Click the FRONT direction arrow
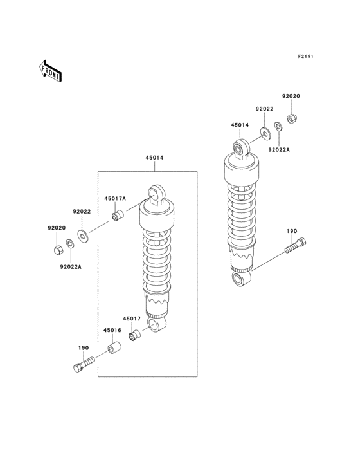point(50,71)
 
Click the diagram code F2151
point(305,56)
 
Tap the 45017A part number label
point(115,199)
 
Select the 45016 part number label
point(113,331)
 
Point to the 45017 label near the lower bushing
point(132,319)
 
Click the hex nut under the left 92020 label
point(59,250)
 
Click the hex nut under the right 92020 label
point(291,119)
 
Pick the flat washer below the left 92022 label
point(82,236)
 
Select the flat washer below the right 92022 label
point(265,133)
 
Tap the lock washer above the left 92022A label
point(70,244)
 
